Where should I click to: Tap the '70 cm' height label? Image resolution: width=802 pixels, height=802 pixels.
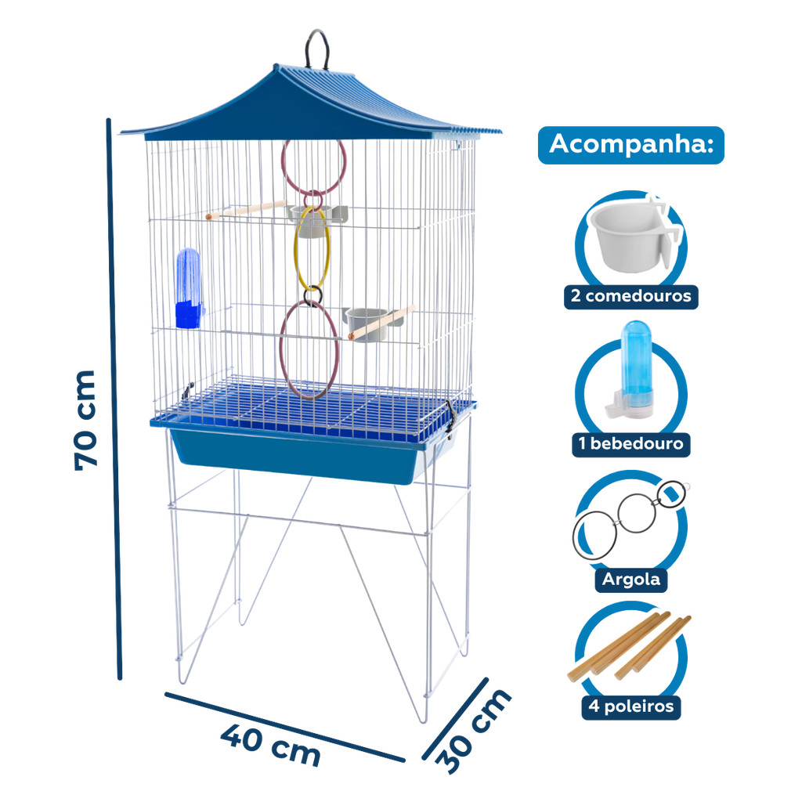point(85,420)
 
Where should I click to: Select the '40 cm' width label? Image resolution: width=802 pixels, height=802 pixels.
point(270,746)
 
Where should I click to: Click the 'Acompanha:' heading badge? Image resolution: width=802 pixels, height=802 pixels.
point(631,145)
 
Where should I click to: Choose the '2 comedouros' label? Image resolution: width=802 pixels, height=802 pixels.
point(631,296)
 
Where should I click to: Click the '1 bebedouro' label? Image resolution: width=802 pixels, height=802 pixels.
point(630,443)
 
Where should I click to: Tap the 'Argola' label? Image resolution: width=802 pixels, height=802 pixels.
point(631,580)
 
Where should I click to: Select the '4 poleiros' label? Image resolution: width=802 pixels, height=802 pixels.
point(631,707)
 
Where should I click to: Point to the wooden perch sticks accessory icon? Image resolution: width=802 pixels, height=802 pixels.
point(629,646)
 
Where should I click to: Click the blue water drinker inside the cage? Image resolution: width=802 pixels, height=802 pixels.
point(189,289)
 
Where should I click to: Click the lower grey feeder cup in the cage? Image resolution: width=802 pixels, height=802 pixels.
point(367,323)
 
